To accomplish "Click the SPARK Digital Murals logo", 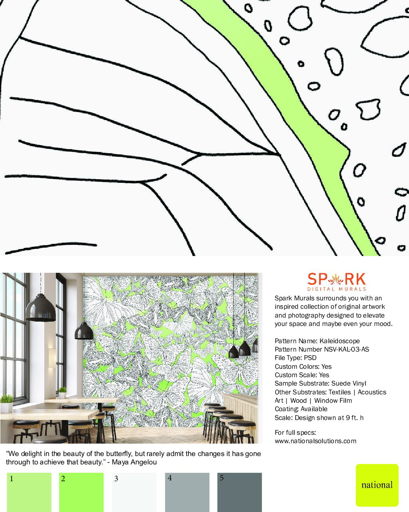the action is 337,282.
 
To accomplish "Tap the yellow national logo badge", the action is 377,485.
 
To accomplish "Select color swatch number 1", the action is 29,492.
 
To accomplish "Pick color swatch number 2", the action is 81,492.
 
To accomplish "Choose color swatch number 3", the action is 134,492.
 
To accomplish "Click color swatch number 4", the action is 187,492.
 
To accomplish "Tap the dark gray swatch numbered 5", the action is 240,492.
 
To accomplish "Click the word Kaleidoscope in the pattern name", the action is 340,341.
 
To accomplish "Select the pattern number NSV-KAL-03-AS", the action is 347,349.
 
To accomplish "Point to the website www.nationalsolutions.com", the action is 316,441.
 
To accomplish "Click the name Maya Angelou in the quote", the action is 134,462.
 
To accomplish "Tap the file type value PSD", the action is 310,358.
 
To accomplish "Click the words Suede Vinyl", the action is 349,384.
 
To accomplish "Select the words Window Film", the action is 333,401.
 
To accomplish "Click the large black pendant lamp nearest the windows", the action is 40,308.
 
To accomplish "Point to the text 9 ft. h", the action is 355,418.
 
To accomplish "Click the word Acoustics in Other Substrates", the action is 372,392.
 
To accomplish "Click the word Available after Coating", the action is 314,409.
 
